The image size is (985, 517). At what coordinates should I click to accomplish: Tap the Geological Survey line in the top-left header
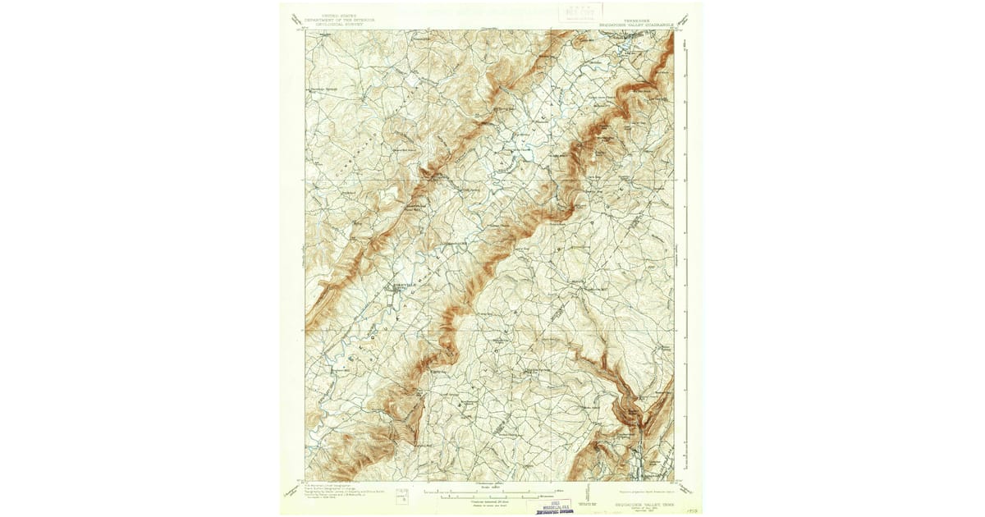point(334,25)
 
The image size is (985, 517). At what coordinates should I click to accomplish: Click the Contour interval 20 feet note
point(491,502)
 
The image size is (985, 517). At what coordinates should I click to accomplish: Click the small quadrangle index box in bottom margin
point(401,495)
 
